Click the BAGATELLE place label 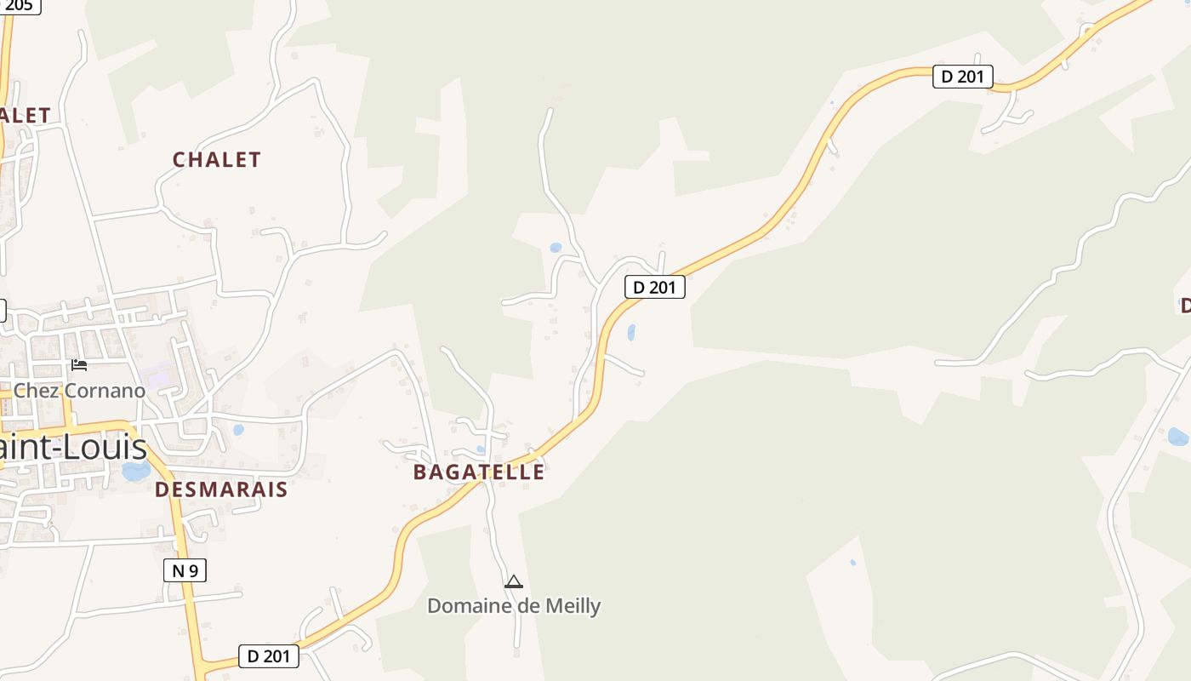pos(478,472)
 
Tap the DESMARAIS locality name pos(221,489)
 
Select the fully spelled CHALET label pos(216,159)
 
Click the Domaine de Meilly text pos(514,606)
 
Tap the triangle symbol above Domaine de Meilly pos(513,582)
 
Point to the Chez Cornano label pos(80,391)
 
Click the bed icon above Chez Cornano pos(79,365)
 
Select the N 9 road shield pos(185,570)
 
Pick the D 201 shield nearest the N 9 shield pos(268,656)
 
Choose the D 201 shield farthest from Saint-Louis pos(962,77)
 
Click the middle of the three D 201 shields pos(654,287)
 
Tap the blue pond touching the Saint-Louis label pos(135,471)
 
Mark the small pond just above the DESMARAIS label pos(238,430)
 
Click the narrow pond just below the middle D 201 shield pos(631,332)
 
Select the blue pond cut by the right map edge pos(1179,437)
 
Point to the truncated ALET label pos(24,115)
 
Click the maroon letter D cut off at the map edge pos(1184,305)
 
